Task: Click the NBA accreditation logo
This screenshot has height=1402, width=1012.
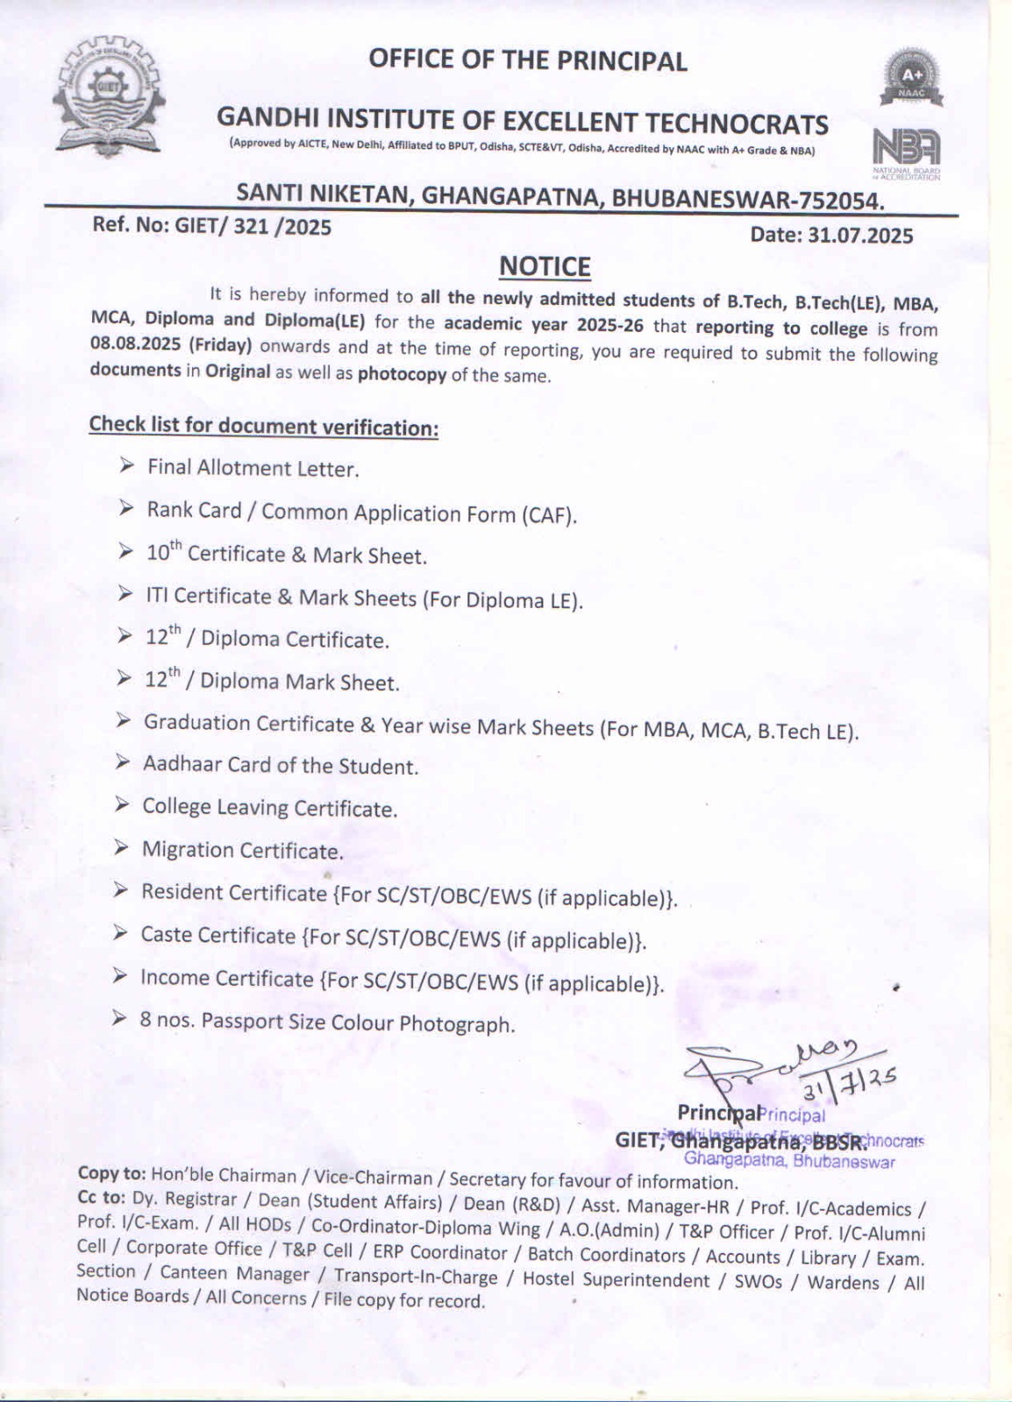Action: [906, 149]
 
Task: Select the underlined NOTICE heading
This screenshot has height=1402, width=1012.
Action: [545, 266]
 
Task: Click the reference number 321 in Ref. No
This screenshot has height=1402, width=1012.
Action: [251, 228]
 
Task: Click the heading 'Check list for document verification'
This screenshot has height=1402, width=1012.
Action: [263, 426]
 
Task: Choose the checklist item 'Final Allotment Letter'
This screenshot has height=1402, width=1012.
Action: [253, 468]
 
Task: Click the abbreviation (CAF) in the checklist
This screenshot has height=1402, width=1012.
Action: [549, 514]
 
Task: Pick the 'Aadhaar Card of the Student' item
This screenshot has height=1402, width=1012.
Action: [281, 766]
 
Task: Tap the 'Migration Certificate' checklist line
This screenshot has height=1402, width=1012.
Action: [242, 850]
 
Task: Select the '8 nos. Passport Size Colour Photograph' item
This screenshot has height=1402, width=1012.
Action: [327, 1022]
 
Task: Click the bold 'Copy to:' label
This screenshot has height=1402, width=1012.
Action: [112, 1173]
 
